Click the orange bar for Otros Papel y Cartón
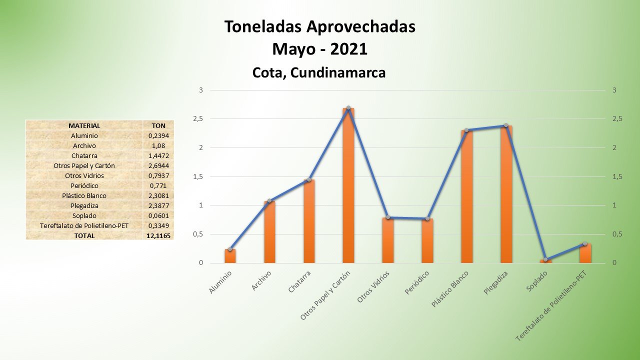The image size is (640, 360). (x=348, y=185)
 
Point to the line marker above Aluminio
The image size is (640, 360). (x=230, y=249)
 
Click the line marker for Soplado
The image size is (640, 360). (x=545, y=259)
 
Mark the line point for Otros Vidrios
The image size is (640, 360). (x=388, y=217)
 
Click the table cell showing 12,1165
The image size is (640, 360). (x=158, y=235)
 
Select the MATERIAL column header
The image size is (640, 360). (x=84, y=125)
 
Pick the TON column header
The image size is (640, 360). (x=158, y=125)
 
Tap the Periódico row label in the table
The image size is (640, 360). (x=84, y=185)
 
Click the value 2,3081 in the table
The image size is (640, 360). (x=158, y=195)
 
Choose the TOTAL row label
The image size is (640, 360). (x=84, y=235)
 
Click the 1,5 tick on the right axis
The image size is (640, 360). (x=617, y=176)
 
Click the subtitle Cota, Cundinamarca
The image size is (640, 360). (x=319, y=73)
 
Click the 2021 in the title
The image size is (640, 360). (x=348, y=49)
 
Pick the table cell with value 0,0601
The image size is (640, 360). (x=158, y=215)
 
